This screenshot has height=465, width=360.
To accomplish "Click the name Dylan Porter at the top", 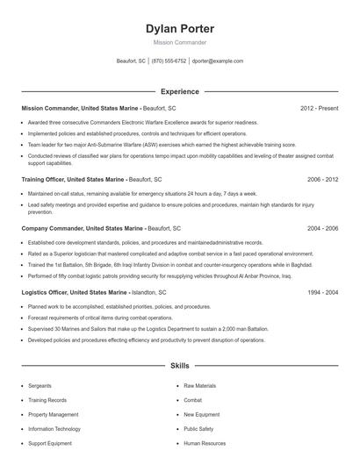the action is [x=180, y=29].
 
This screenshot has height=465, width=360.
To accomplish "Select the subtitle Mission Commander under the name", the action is [x=180, y=42].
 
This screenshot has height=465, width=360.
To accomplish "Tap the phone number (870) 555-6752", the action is [x=169, y=61].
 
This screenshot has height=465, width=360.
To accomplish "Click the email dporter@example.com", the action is [x=218, y=61].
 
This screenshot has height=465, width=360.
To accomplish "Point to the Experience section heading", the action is [x=180, y=91].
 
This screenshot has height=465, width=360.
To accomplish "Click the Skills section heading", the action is [x=180, y=364].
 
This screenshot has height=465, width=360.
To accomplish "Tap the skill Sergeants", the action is [x=40, y=385].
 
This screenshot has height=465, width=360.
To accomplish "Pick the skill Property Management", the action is [x=53, y=414].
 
